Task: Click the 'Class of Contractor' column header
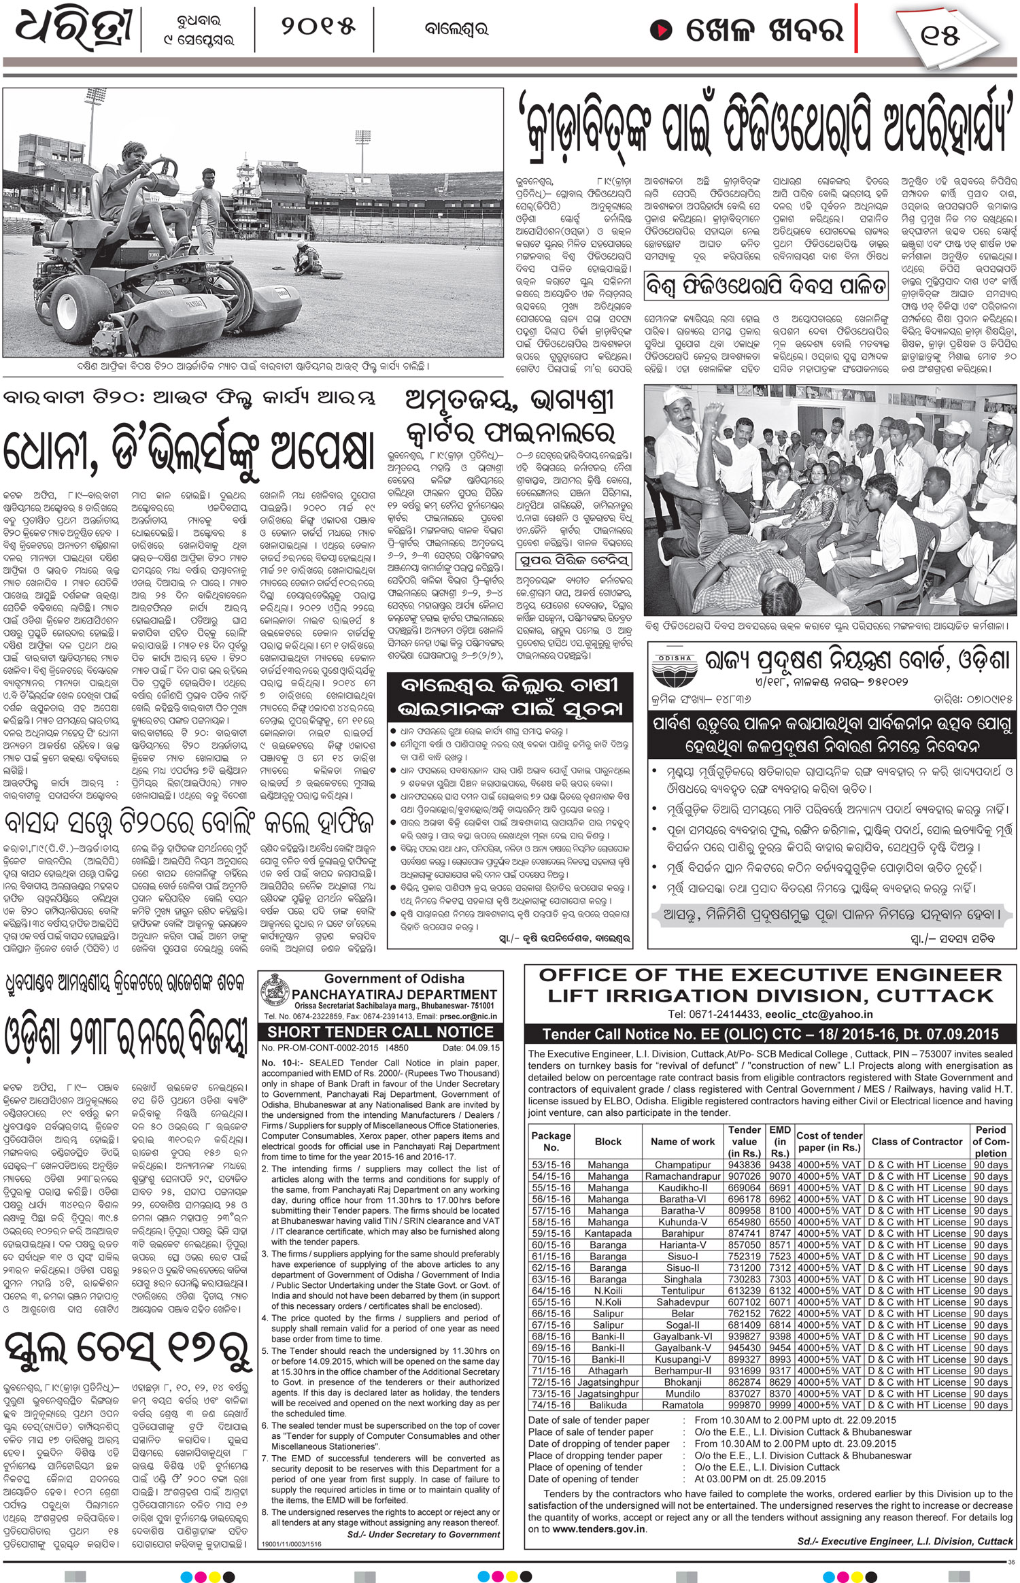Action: click(x=917, y=1142)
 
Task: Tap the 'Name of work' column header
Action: click(x=683, y=1142)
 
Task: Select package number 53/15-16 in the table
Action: click(x=551, y=1165)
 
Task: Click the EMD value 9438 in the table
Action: click(x=779, y=1165)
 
